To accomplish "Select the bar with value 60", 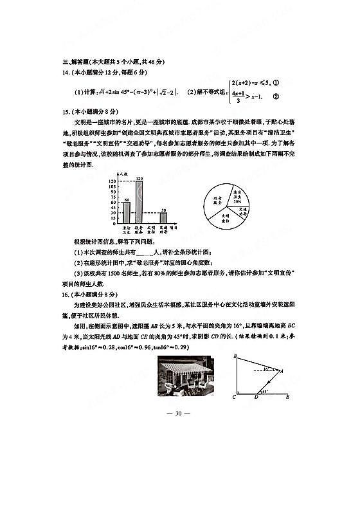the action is point(127,212).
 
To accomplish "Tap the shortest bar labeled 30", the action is point(163,217).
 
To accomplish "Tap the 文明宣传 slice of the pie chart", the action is point(226,217).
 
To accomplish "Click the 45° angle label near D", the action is point(263,390).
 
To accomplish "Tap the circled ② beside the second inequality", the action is point(276,97).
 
